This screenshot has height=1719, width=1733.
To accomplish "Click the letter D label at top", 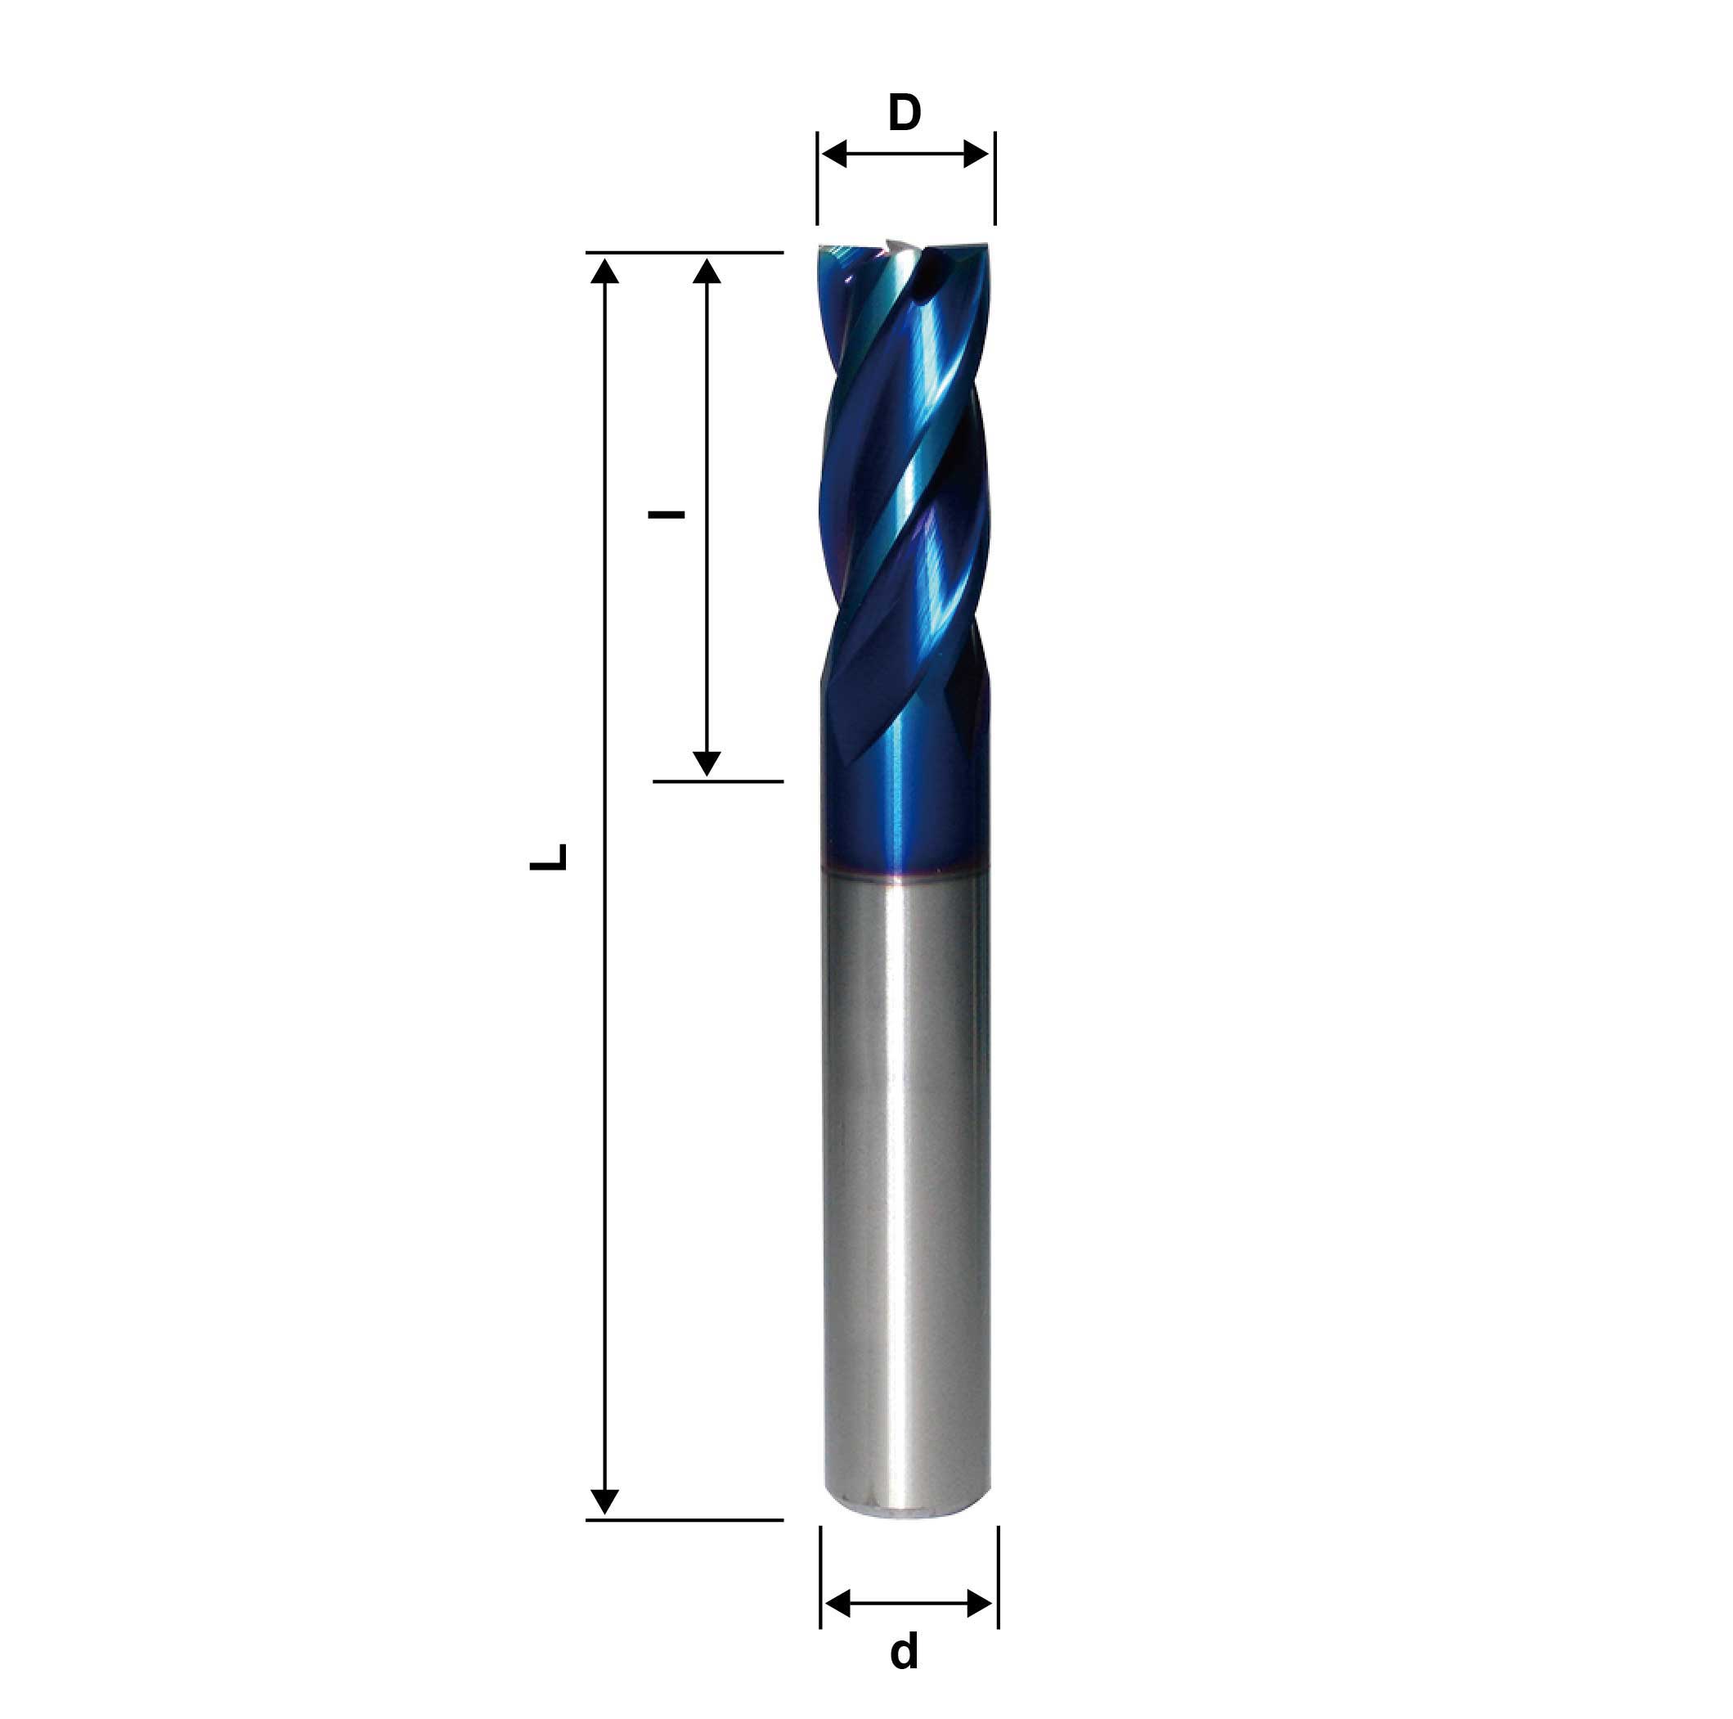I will (x=905, y=114).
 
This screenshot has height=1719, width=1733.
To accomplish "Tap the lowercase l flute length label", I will (x=667, y=515).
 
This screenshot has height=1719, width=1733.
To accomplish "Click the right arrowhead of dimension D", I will (x=976, y=155).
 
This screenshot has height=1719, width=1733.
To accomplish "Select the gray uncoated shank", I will (x=906, y=1167).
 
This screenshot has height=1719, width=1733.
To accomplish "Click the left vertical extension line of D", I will (x=817, y=179).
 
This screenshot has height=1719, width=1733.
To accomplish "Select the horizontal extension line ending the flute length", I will (x=717, y=781).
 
